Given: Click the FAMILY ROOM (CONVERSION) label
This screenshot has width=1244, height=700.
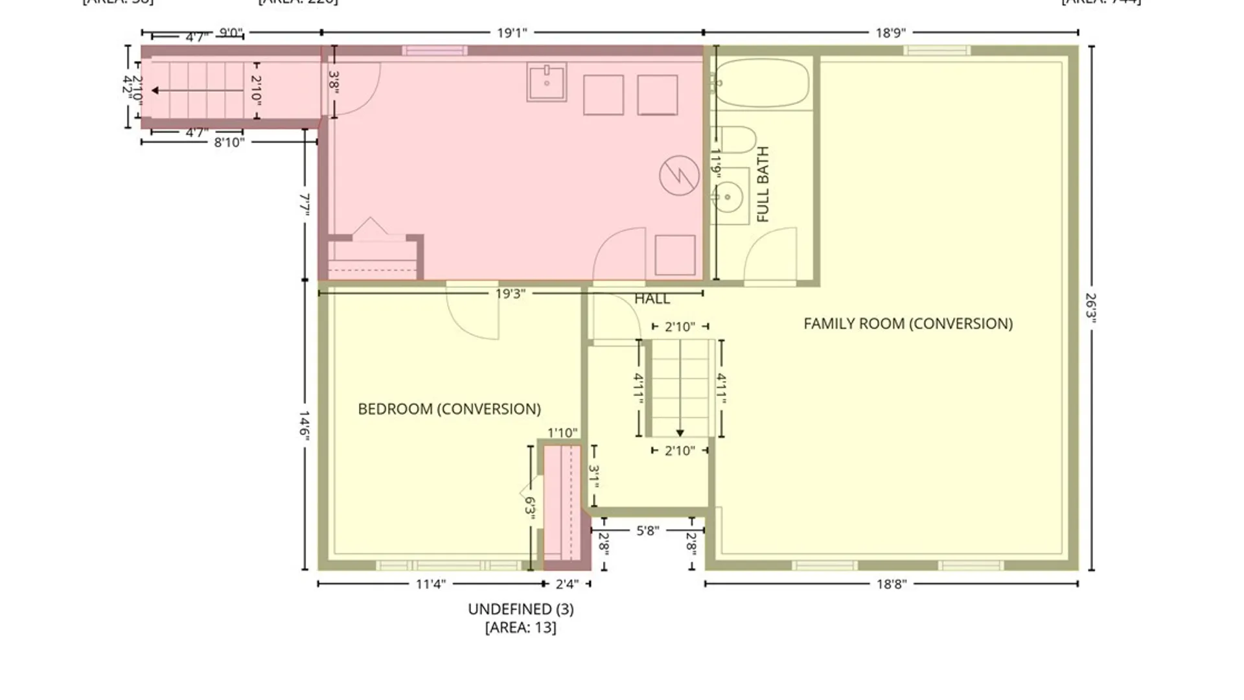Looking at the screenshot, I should click(x=908, y=323).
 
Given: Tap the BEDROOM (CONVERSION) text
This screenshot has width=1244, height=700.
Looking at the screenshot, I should click(x=449, y=409).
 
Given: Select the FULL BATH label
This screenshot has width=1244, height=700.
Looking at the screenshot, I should click(x=763, y=185).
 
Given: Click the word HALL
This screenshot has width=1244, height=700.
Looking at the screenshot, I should click(x=652, y=299).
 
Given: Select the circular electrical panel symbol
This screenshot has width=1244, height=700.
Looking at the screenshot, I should click(x=679, y=175).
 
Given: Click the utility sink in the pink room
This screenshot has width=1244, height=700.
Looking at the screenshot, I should click(x=546, y=82).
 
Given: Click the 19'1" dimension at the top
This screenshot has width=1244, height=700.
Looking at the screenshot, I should click(x=512, y=32).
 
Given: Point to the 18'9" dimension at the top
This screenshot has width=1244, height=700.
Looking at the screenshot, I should click(x=890, y=32).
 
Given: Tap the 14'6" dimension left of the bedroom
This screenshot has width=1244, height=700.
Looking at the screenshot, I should click(x=305, y=425).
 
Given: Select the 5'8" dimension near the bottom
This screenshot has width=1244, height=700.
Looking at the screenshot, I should click(x=647, y=531).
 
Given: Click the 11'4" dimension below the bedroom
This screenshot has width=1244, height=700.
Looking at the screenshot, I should click(x=430, y=584).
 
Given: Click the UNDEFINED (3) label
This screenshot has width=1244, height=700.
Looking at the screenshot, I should click(x=520, y=609).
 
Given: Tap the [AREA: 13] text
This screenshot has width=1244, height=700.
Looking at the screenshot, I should click(x=520, y=627).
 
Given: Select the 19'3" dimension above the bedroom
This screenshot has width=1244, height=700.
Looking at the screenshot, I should click(x=510, y=294).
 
